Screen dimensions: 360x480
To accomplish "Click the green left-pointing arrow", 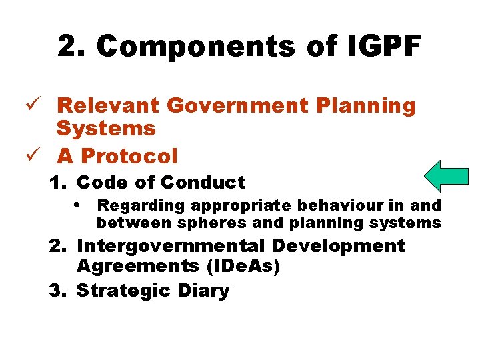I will pos(447,177).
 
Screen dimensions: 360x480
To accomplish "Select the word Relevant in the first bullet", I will pos(108,105).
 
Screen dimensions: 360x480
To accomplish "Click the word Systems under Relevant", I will pos(106,128).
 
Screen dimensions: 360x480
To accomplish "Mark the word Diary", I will pos(203,291).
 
